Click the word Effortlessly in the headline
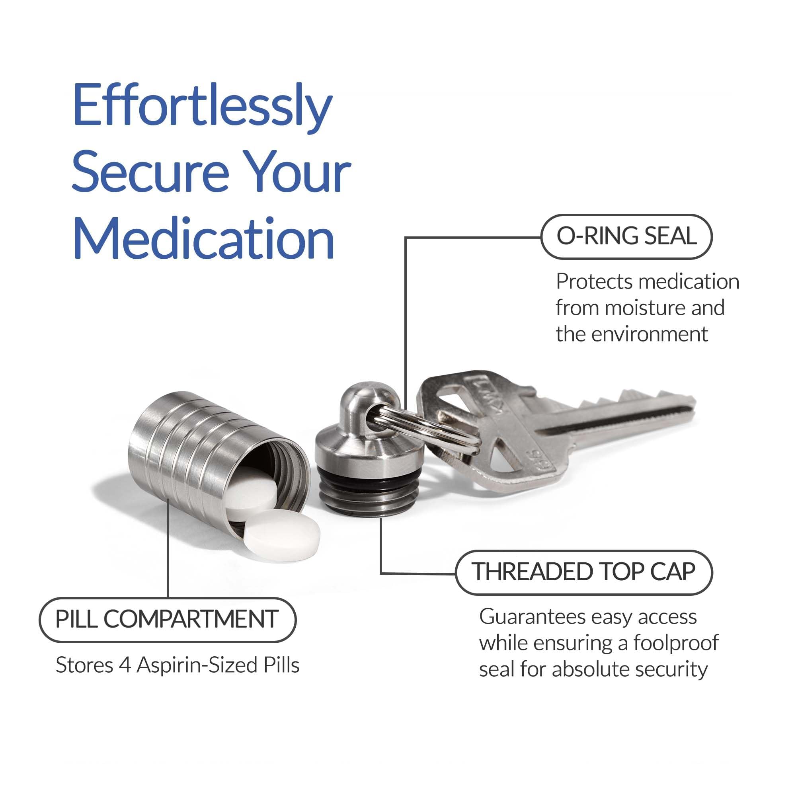click(x=202, y=108)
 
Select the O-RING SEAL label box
click(x=626, y=236)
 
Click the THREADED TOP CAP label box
click(x=584, y=572)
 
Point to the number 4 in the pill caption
click(x=125, y=665)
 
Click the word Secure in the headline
click(x=150, y=173)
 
